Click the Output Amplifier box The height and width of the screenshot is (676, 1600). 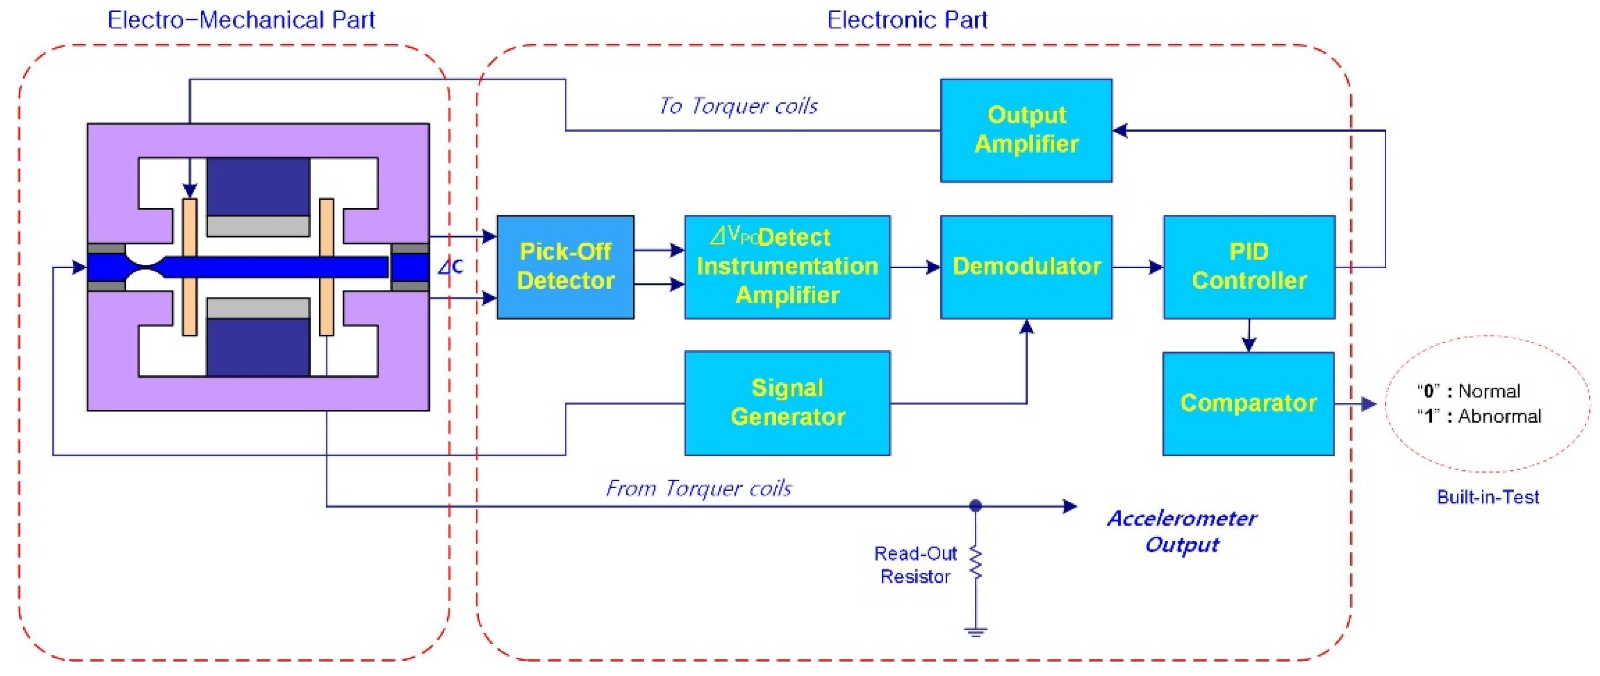(1026, 130)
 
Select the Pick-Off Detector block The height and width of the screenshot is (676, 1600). (565, 267)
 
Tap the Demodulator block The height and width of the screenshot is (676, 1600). (1026, 267)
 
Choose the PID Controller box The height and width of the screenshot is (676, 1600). (1249, 267)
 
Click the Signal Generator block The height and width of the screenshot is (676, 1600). (787, 403)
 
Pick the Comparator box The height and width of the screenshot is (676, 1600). (1248, 404)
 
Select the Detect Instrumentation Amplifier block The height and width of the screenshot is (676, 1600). (787, 267)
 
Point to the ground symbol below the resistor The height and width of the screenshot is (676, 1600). (976, 633)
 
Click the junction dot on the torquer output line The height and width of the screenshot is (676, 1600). (976, 506)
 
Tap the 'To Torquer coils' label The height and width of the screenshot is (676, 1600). (738, 106)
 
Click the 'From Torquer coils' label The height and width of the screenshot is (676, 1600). (698, 488)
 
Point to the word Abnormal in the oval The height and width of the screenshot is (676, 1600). (1499, 416)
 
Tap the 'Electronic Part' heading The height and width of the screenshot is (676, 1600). (907, 20)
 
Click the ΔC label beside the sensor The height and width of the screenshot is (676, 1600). (450, 267)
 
